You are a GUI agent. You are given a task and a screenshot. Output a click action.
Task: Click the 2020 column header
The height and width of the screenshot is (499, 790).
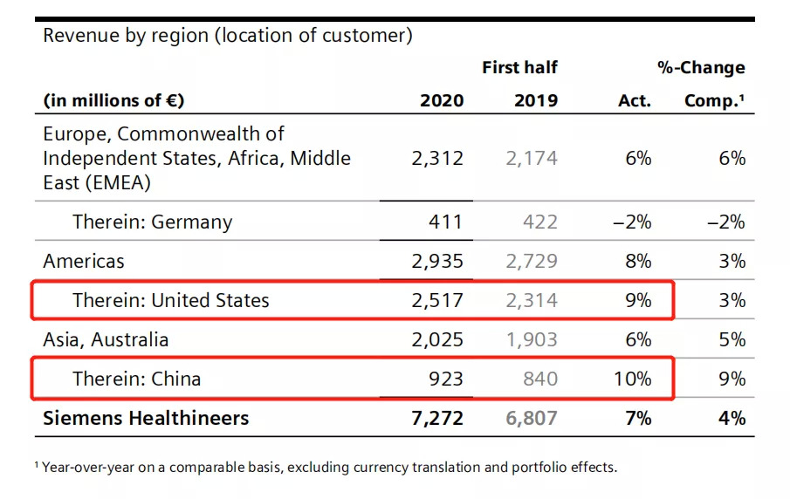442,100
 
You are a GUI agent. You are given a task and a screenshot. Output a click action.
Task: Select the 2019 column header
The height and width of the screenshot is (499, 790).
535,100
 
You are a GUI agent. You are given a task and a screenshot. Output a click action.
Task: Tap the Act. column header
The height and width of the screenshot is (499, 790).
634,100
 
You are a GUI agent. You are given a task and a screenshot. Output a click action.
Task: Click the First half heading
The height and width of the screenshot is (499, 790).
519,67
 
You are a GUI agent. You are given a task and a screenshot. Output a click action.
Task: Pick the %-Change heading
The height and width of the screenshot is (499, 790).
701,67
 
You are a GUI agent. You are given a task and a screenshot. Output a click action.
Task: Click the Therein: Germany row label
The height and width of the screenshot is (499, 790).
152,222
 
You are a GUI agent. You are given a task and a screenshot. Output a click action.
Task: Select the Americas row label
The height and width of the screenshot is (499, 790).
84,261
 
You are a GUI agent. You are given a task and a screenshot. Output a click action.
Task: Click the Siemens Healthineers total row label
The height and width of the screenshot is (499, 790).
146,418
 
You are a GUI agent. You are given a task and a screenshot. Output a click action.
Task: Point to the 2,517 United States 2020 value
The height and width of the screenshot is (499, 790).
437,300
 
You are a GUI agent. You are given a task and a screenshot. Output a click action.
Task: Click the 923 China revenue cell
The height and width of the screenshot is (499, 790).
445,379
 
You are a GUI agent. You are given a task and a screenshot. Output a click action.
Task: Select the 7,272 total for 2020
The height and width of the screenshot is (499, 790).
437,418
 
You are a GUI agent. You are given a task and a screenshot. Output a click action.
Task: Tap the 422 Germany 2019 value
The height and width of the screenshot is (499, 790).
539,222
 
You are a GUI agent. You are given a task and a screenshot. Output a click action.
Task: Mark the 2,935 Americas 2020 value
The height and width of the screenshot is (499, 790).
437,261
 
